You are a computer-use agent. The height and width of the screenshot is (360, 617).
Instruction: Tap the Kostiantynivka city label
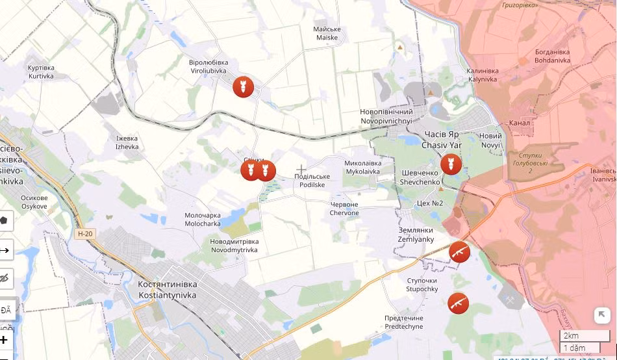click(168, 290)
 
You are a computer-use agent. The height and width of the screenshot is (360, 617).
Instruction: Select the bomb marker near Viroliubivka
click(244, 86)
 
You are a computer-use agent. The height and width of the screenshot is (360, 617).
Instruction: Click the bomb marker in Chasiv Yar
click(451, 164)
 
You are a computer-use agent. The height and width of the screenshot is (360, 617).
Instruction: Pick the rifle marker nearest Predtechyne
click(458, 303)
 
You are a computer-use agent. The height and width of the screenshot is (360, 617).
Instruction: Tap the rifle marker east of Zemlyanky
click(459, 252)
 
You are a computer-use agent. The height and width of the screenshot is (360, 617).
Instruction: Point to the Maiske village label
click(327, 33)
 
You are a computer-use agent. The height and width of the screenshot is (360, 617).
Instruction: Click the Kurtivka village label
click(41, 71)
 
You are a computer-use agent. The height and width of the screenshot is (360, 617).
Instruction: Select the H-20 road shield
click(84, 234)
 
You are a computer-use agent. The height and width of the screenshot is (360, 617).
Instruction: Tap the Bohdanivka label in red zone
click(552, 56)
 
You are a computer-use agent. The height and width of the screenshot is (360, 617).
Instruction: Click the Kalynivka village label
click(483, 75)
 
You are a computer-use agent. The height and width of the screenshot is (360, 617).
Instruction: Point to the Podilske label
click(312, 181)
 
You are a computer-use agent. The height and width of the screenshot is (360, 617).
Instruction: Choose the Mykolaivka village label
click(363, 168)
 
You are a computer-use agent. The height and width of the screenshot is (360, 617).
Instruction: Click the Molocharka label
click(203, 219)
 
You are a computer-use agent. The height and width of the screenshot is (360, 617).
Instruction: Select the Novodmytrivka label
click(234, 246)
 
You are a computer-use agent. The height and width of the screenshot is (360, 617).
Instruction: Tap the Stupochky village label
click(422, 285)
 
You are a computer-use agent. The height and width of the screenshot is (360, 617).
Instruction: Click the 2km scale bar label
click(572, 335)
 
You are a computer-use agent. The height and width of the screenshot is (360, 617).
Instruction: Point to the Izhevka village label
click(127, 142)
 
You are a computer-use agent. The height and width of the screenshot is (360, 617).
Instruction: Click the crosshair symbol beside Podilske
click(301, 170)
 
